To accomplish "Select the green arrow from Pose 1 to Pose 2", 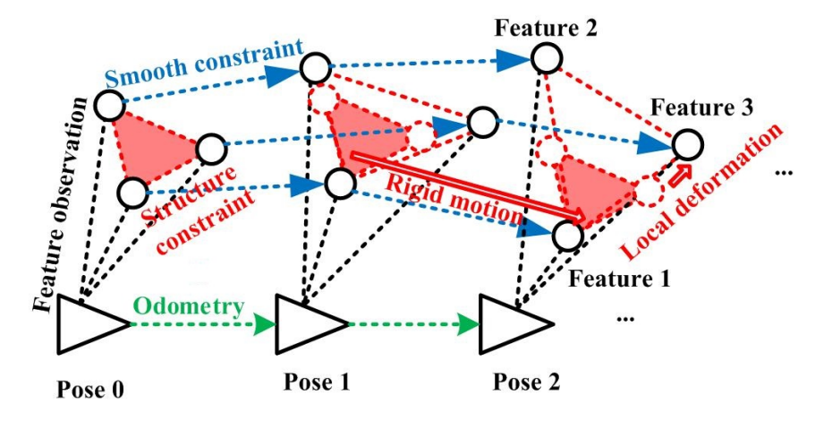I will [412, 320].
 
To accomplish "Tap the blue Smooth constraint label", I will [208, 57].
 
